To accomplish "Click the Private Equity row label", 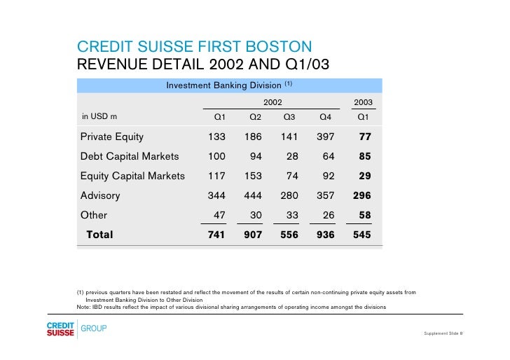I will tap(112, 137).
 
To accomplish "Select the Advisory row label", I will tap(100, 196).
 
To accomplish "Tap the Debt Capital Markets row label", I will tap(130, 156).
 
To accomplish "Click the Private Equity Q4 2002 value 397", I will tap(325, 137).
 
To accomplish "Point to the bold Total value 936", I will tap(325, 235).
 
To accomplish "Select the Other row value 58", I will tap(364, 216).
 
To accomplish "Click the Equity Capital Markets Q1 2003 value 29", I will tap(364, 176).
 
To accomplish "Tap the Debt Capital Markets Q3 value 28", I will tap(291, 156).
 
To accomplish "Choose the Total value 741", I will tap(216, 235).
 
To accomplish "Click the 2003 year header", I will tap(363, 102).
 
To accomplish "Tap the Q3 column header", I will tap(289, 116).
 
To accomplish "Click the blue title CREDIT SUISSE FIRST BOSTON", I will tap(194, 48).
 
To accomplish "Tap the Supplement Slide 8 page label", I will tap(443, 333).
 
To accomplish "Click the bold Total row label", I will tap(99, 235).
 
